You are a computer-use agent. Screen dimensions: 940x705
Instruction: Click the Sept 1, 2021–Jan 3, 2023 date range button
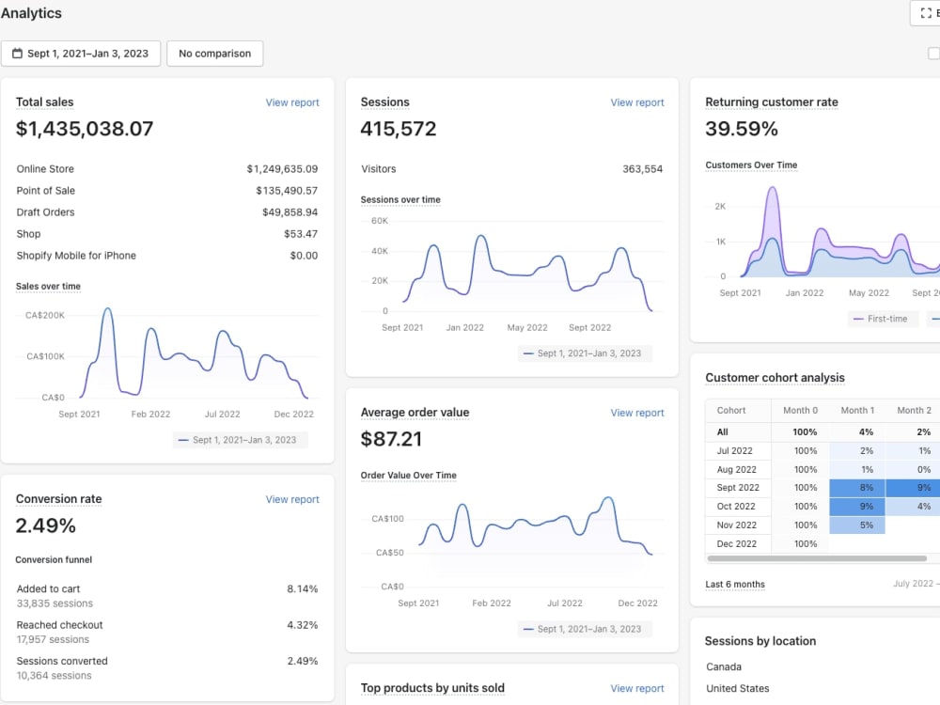click(x=81, y=54)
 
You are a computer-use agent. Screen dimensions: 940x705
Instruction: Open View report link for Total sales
click(x=292, y=102)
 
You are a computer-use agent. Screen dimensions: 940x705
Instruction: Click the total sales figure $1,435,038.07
click(x=85, y=128)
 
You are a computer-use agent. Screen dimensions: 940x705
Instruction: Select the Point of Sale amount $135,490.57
click(x=287, y=191)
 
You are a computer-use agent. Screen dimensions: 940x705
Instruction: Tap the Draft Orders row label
click(x=45, y=212)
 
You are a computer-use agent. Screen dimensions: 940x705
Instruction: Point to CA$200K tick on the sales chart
click(x=45, y=315)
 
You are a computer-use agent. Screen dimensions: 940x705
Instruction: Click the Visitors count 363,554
click(x=643, y=169)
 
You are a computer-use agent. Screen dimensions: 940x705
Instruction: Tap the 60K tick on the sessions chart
click(x=380, y=221)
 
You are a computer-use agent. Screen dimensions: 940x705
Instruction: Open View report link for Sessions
click(x=637, y=102)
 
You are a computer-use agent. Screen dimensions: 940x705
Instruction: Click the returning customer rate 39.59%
click(x=742, y=128)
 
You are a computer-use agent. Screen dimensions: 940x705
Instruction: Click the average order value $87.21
click(x=391, y=439)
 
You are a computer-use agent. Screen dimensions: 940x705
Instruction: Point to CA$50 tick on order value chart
click(x=390, y=553)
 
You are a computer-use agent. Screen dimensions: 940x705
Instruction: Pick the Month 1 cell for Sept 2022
click(x=857, y=488)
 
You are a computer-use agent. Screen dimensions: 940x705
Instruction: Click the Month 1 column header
click(x=857, y=411)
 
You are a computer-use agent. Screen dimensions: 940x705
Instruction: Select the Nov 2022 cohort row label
click(x=737, y=525)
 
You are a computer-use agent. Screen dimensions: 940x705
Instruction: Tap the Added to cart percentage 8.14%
click(x=302, y=589)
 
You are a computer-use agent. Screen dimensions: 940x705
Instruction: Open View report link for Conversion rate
click(x=292, y=499)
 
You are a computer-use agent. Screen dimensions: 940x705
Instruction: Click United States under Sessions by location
click(x=737, y=688)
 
